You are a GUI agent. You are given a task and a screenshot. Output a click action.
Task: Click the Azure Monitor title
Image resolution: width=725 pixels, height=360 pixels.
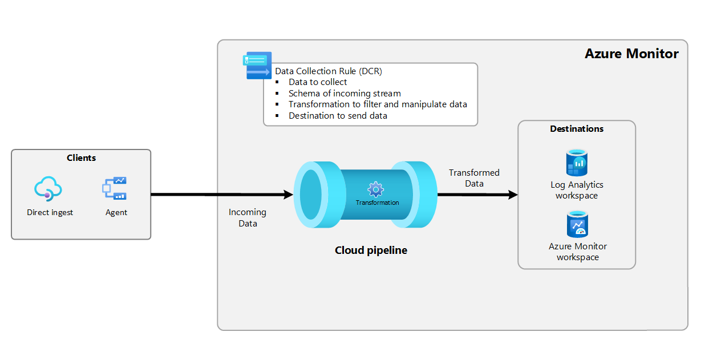[x=631, y=54]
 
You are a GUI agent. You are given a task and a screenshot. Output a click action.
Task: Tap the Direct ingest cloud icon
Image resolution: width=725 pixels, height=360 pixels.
[x=48, y=188]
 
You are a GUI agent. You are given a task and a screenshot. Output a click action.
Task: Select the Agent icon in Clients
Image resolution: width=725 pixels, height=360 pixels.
[x=115, y=188]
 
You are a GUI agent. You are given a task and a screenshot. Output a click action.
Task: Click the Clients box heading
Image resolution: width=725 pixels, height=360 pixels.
[x=81, y=158]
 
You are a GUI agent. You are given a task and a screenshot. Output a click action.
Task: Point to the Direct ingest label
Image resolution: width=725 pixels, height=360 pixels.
[x=50, y=213]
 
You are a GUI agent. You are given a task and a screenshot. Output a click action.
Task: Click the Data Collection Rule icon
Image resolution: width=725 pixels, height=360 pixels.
[x=258, y=65]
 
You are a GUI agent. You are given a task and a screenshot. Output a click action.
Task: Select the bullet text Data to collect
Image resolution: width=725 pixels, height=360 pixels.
[x=318, y=82]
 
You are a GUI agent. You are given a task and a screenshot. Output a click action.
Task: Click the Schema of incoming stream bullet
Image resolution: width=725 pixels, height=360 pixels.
[x=345, y=94]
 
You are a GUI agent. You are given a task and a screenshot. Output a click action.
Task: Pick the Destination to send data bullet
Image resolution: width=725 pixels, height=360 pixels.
[x=338, y=116]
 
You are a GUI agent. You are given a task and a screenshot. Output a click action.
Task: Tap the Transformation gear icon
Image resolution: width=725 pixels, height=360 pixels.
[x=375, y=189]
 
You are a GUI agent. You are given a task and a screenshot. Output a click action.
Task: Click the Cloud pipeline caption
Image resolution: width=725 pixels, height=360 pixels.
[x=371, y=250]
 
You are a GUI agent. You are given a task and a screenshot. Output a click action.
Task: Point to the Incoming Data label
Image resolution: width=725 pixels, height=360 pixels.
[x=248, y=218]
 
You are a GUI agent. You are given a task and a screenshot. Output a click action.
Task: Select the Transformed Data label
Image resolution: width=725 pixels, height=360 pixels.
[x=474, y=178]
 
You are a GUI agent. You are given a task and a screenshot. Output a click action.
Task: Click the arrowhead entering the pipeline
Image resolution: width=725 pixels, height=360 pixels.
[x=287, y=195]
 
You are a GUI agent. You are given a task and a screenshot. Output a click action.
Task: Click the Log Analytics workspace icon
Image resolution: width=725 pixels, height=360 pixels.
[x=577, y=163]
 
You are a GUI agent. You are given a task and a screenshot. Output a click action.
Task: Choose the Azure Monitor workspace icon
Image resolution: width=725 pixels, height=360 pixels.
[x=577, y=224]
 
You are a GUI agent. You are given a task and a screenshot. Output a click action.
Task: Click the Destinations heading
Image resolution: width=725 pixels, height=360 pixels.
[x=577, y=129]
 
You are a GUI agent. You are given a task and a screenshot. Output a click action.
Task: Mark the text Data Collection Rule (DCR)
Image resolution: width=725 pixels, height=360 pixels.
[x=329, y=71]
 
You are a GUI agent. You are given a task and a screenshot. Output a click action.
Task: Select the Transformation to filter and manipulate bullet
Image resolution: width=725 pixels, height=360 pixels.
[x=378, y=104]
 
